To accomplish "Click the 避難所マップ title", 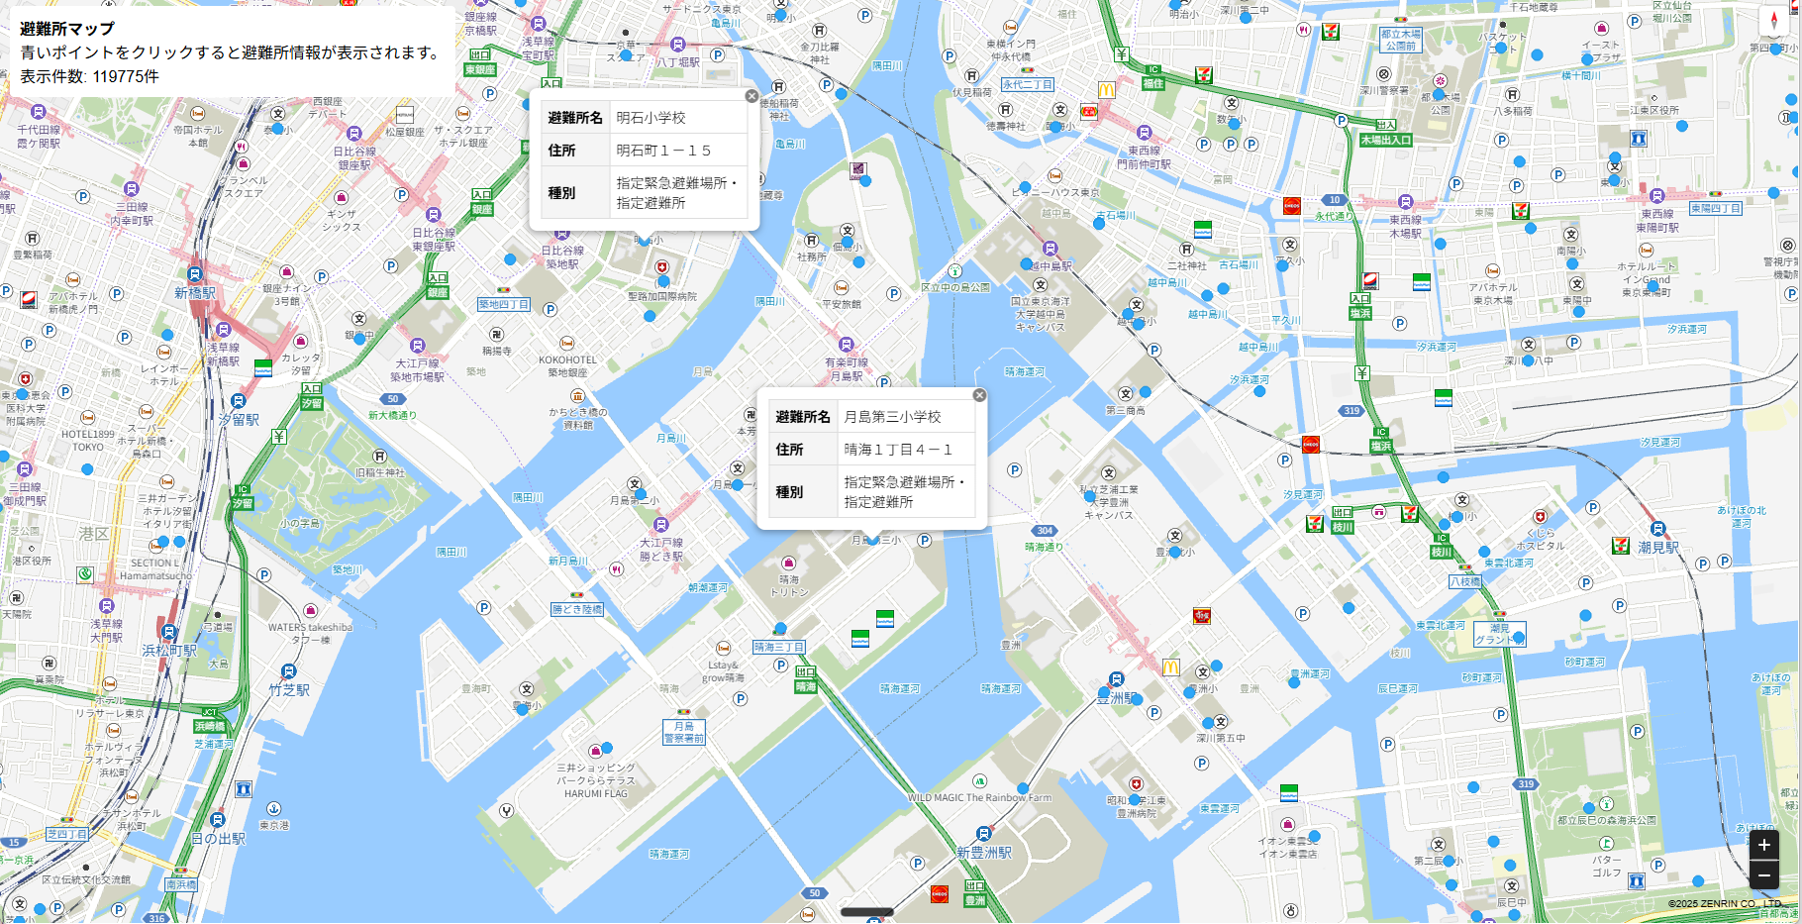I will (x=67, y=29).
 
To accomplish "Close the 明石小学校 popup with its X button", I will (x=751, y=96).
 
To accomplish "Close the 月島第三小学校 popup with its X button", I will (x=979, y=395).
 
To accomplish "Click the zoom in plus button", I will (x=1763, y=845).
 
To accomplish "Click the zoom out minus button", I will (x=1763, y=874).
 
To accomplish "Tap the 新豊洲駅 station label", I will (x=983, y=852).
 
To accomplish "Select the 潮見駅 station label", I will (x=1657, y=547).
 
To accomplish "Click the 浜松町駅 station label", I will (x=169, y=651).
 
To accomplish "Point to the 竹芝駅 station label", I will (x=289, y=689).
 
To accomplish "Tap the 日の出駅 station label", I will (x=218, y=838).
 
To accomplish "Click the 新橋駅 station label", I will (x=195, y=293).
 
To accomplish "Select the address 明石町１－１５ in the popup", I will (x=663, y=151).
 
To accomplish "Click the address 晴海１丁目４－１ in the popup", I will (x=897, y=450).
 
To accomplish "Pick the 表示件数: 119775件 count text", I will (x=89, y=76).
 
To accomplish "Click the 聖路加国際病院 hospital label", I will (x=661, y=296).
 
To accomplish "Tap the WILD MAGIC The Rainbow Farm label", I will (x=979, y=797).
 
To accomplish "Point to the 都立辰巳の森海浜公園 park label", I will (x=1606, y=820).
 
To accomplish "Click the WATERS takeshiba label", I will (x=310, y=627).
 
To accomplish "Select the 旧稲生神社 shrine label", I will (x=380, y=472).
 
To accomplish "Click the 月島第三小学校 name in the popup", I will (x=892, y=417).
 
